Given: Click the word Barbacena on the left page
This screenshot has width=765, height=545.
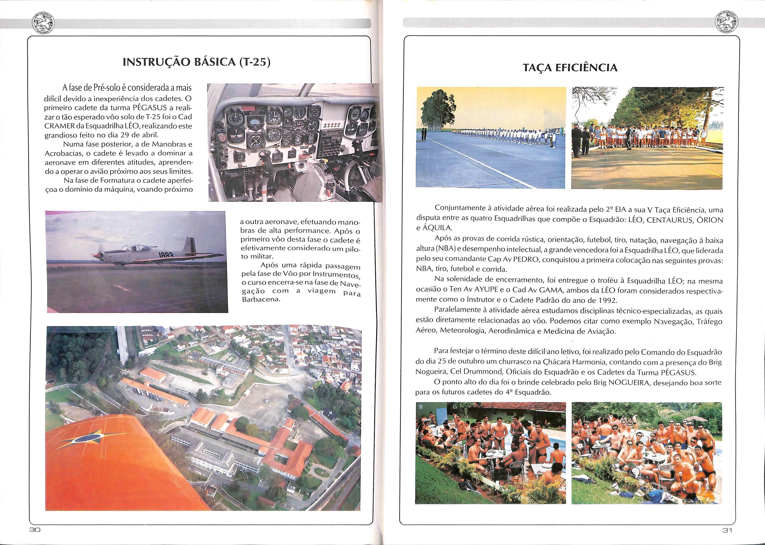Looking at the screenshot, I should pyautogui.click(x=261, y=300).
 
